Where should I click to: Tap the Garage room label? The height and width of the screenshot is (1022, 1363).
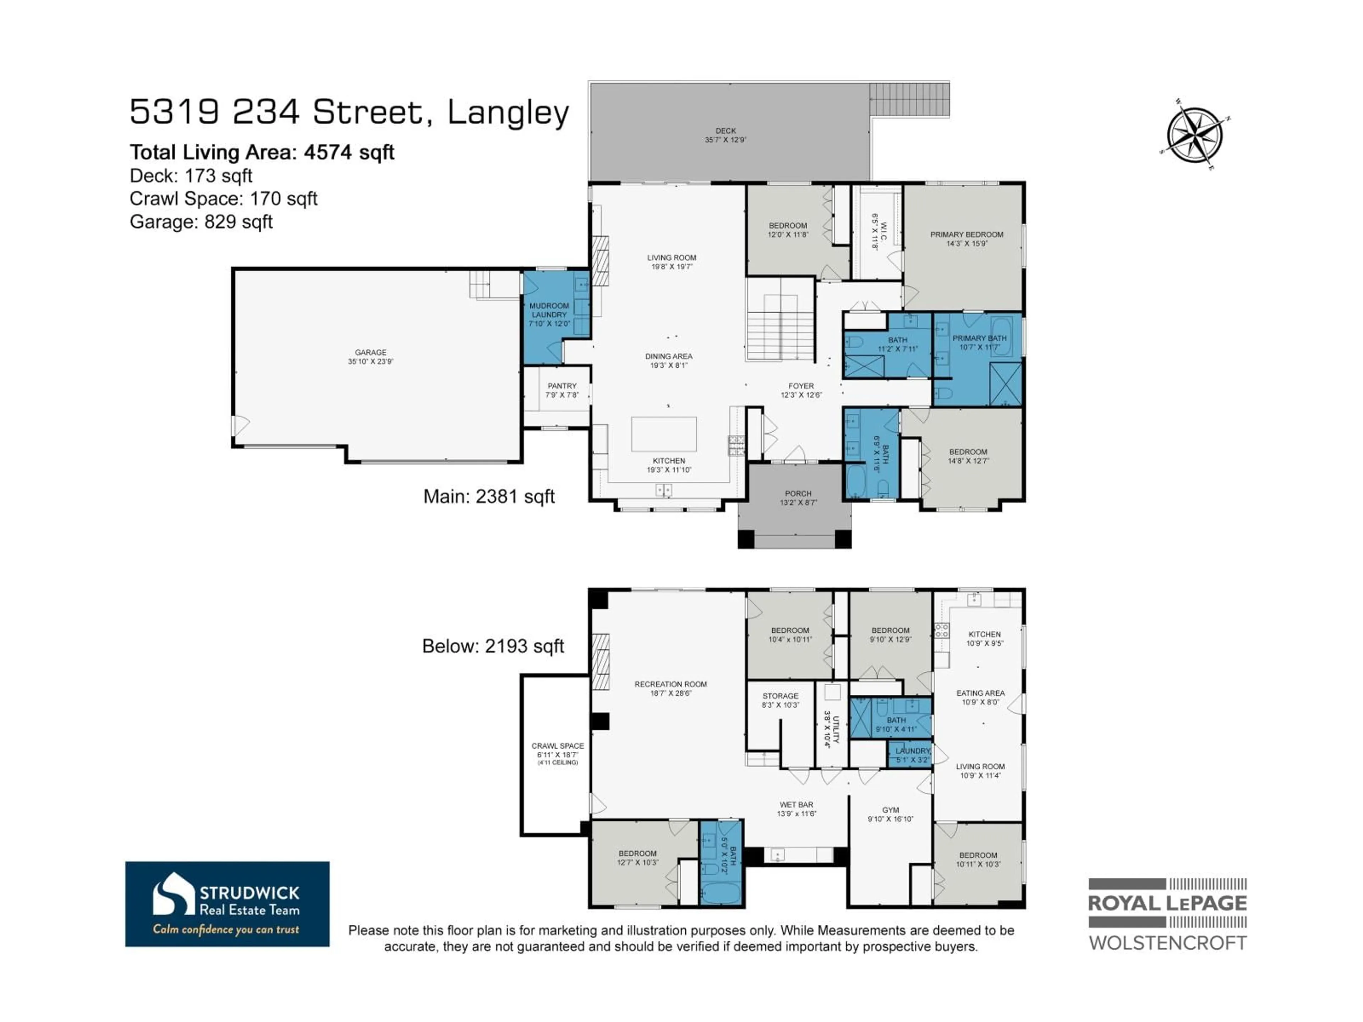click(x=370, y=352)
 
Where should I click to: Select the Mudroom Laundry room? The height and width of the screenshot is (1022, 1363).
click(x=549, y=314)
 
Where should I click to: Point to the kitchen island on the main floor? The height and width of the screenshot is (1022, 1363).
click(x=664, y=434)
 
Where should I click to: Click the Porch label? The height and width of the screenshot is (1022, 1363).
click(x=798, y=494)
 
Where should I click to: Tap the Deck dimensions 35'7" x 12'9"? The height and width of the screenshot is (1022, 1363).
click(x=726, y=140)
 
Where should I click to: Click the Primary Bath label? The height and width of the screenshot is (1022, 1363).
click(x=979, y=338)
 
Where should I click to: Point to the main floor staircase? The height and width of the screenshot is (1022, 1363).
click(x=780, y=326)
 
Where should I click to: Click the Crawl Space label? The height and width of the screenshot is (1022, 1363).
click(x=558, y=746)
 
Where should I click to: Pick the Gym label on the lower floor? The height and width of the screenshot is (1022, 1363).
click(x=890, y=810)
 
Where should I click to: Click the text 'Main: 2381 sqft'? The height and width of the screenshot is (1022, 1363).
click(x=489, y=496)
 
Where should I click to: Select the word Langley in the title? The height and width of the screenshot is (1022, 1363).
click(x=508, y=113)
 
